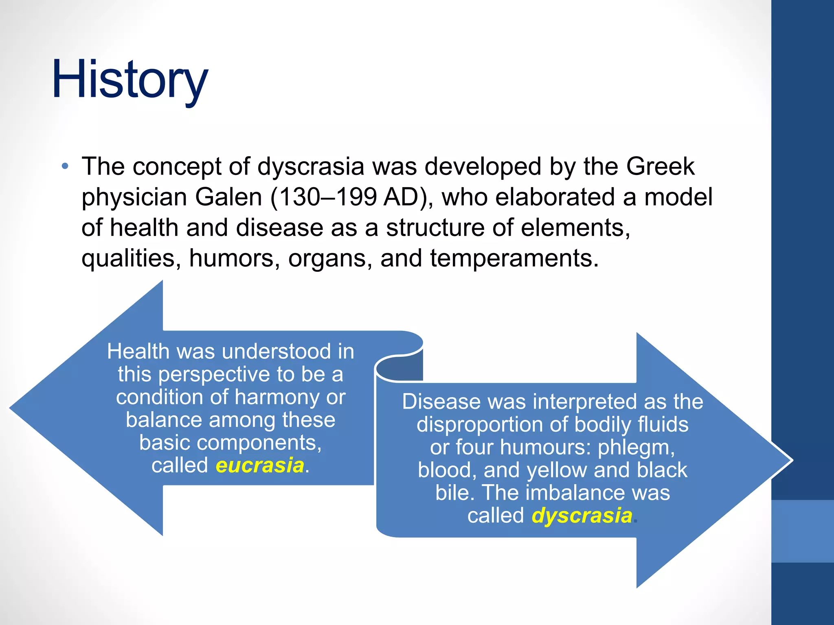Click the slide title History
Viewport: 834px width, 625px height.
[130, 80]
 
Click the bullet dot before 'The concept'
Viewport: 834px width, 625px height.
[65, 166]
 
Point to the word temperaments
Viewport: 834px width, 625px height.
[514, 259]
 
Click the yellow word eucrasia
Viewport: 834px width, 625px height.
[260, 465]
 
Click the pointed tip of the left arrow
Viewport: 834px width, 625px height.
[10, 408]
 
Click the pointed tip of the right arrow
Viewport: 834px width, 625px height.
[792, 460]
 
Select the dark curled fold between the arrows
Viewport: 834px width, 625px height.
[399, 368]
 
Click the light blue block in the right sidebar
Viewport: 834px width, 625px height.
[803, 531]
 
